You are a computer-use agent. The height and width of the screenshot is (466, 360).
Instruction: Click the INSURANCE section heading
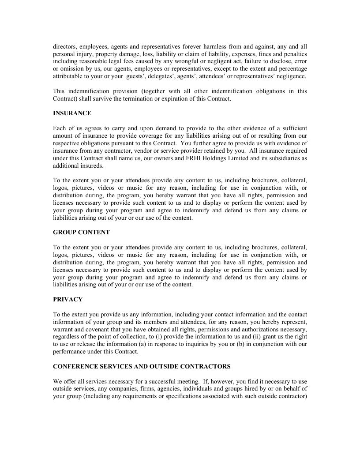tap(72, 113)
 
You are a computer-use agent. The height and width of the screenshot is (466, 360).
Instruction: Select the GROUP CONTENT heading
tap(81, 232)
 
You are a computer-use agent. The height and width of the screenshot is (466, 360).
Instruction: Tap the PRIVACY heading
tap(67, 299)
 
